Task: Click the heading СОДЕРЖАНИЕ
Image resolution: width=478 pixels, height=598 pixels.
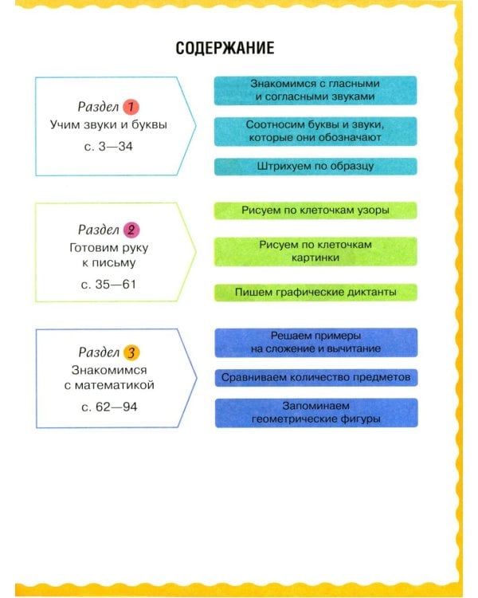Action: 225,48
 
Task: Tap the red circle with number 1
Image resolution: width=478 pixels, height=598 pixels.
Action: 131,107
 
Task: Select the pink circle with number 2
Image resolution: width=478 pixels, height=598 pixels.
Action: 131,230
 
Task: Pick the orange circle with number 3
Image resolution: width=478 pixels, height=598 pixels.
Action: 131,352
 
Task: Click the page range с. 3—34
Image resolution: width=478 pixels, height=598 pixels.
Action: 108,147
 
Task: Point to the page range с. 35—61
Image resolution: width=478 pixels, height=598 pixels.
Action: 108,285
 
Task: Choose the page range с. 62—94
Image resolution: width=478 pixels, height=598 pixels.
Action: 109,407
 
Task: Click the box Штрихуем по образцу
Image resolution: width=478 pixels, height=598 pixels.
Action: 315,167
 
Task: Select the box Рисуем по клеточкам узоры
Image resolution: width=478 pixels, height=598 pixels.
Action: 315,210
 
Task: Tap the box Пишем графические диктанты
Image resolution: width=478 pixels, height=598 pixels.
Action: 315,293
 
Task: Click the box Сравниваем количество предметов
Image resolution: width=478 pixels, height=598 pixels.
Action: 316,378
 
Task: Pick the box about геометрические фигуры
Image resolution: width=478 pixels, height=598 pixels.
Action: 316,413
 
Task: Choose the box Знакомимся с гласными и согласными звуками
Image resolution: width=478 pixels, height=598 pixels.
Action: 315,90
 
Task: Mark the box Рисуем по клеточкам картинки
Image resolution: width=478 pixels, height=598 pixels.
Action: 315,252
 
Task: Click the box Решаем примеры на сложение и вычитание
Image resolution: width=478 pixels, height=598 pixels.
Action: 316,343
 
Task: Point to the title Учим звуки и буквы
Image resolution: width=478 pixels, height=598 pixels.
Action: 108,125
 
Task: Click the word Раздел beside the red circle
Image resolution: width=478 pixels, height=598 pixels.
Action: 98,107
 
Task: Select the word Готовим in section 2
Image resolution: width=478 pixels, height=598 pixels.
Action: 93,248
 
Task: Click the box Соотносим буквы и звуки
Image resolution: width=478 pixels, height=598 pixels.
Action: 315,132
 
